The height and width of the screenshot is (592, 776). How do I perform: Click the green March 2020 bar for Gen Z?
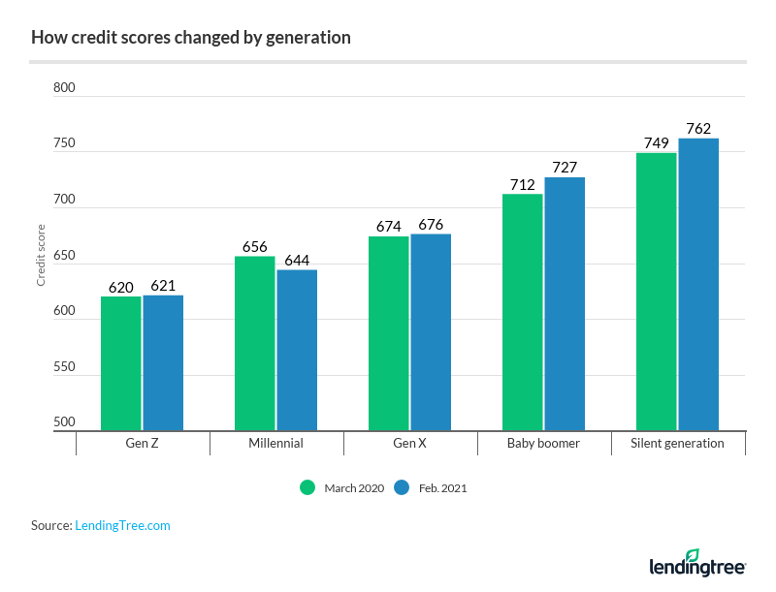(x=121, y=363)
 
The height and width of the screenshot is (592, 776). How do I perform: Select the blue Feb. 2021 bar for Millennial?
(x=297, y=350)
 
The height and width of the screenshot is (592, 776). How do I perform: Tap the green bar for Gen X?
(x=388, y=333)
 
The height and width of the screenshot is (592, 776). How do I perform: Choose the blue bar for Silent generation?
(x=698, y=285)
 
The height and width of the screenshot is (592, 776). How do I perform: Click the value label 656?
(x=255, y=247)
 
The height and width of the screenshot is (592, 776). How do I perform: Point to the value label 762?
(x=698, y=129)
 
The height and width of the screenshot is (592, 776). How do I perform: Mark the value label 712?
(x=523, y=185)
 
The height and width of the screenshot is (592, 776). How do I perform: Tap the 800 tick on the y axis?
(x=64, y=88)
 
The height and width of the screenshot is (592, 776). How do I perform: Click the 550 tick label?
(x=64, y=367)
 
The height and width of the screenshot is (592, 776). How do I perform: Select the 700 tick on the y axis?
(x=64, y=200)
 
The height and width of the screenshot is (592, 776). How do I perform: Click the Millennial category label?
(x=275, y=443)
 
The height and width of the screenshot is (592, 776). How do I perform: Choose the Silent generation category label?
(x=677, y=443)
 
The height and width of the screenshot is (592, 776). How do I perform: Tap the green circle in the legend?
(x=308, y=487)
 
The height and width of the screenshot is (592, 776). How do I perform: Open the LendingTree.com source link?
(x=122, y=525)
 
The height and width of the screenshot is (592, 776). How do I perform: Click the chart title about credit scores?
(x=190, y=39)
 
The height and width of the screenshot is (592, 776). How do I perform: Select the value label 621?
(x=163, y=287)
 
